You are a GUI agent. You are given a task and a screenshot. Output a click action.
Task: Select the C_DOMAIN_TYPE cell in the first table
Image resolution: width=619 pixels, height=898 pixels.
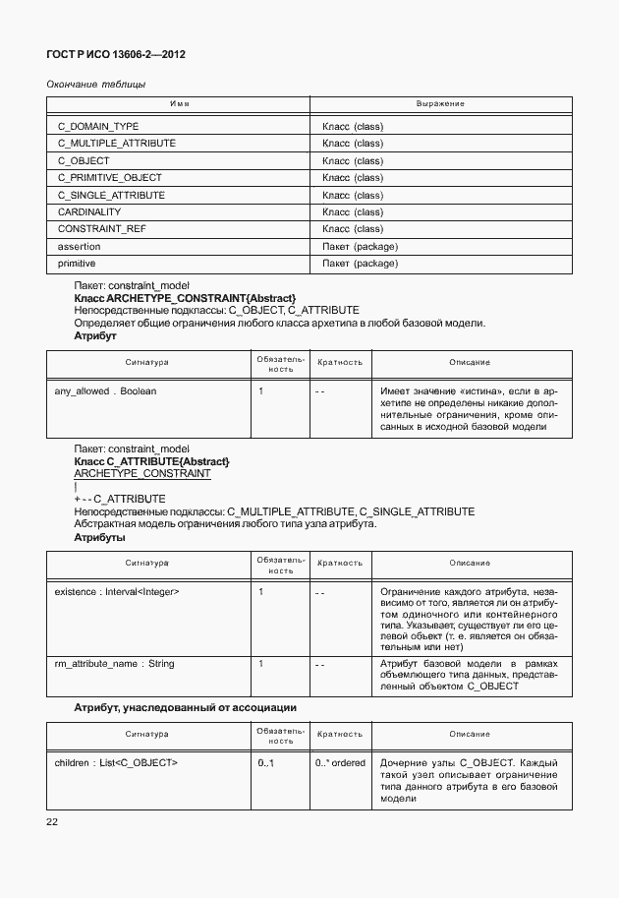coord(98,127)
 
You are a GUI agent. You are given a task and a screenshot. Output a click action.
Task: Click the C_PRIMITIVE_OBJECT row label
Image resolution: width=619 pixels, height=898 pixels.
coord(110,178)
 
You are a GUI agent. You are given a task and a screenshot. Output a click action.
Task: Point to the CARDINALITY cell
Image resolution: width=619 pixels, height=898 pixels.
coord(89,212)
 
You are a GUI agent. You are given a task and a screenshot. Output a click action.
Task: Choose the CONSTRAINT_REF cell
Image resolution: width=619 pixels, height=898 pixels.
coord(96,229)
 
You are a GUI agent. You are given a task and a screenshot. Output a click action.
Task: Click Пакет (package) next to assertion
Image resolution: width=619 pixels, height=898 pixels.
coord(360,247)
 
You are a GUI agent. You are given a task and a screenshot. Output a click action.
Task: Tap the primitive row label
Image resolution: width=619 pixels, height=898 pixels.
coord(77,264)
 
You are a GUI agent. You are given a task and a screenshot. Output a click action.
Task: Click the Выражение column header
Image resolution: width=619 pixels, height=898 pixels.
coord(440,103)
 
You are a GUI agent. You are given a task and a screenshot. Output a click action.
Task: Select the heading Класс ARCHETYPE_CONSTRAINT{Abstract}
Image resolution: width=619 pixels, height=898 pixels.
coord(185,297)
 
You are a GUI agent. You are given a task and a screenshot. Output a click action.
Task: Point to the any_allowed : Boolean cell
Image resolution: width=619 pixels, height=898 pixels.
coord(105,391)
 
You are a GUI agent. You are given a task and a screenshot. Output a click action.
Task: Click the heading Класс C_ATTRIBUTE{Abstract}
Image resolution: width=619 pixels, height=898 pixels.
coord(152,461)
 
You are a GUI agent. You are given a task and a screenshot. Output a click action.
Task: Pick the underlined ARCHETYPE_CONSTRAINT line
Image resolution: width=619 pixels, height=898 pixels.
coord(141,473)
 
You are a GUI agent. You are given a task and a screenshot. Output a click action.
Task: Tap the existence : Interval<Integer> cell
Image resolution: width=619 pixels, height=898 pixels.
coord(117,592)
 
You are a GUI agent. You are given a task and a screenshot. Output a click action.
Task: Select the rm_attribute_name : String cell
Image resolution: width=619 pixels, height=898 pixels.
coord(114,664)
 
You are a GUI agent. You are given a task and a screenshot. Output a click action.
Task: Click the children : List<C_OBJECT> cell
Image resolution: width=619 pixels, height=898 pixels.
coord(116,763)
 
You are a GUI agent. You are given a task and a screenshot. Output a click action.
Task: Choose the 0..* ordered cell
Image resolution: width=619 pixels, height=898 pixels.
coord(340,763)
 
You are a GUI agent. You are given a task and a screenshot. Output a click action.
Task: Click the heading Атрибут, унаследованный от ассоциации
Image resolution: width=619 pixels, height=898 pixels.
coord(186,707)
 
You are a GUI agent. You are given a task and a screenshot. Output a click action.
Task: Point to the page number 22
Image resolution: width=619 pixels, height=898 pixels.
coord(53,822)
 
